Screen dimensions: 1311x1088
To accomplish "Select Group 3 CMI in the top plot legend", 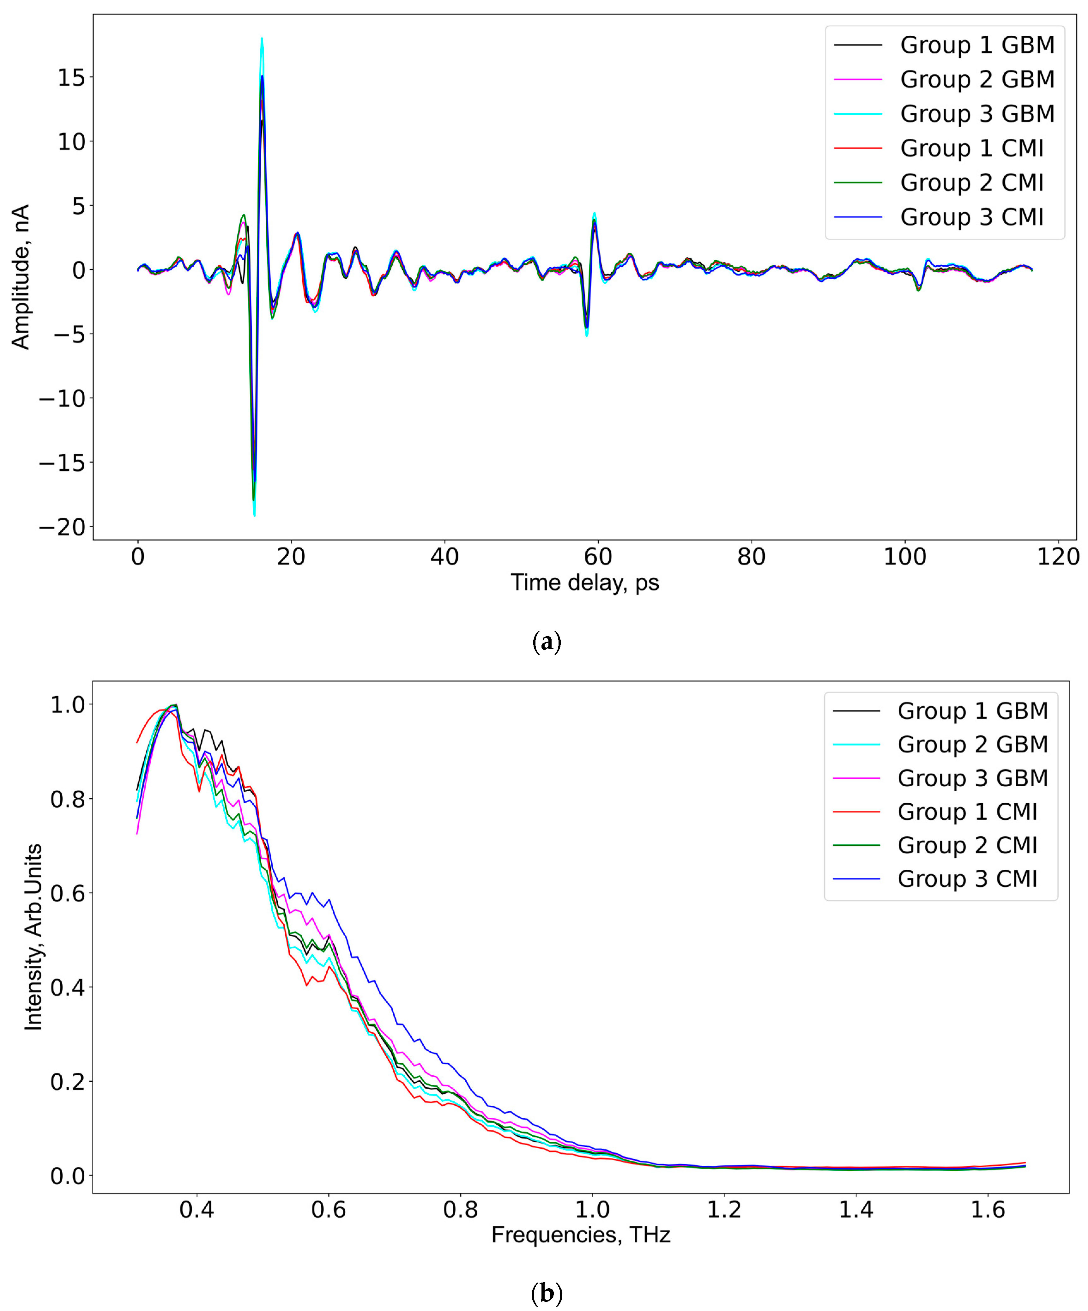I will point(971,217).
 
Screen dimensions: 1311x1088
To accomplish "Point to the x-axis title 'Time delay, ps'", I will point(585,583).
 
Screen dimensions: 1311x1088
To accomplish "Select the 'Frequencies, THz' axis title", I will point(581,1235).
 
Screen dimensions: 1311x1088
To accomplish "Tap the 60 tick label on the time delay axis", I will point(598,556).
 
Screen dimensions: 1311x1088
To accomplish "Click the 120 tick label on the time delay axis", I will point(1058,556).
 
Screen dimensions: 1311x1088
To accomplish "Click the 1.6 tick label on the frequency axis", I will point(988,1210).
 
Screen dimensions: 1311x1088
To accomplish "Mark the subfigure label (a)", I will point(546,642).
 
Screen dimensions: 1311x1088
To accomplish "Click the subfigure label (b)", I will point(546,1292).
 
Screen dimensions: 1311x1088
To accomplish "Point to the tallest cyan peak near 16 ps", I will point(262,39).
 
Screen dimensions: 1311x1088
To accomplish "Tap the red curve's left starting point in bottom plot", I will point(137,742).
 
